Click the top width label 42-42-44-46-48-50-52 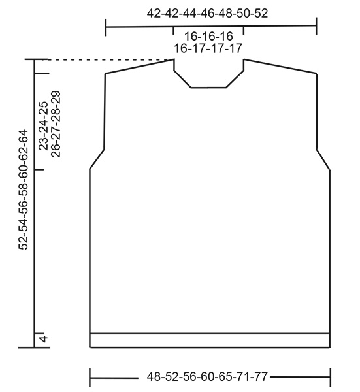click(207, 13)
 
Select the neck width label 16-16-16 click(207, 37)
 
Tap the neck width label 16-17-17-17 click(207, 48)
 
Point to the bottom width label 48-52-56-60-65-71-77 click(208, 377)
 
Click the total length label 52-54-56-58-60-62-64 click(24, 189)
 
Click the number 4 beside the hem click(43, 340)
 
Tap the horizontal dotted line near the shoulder click(105, 60)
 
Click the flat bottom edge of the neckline click(208, 87)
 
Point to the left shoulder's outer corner click(105, 73)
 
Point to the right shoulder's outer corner click(317, 73)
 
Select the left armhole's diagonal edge click(97, 159)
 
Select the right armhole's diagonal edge click(323, 159)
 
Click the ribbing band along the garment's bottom click(209, 340)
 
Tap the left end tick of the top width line click(106, 27)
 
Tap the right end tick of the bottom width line click(330, 377)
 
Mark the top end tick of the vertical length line click(34, 60)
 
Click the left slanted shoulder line click(139, 66)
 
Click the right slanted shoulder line click(281, 66)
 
